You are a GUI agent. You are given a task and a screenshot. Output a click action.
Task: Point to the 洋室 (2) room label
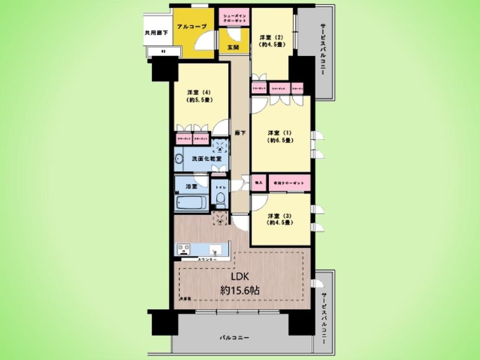tap(269, 41)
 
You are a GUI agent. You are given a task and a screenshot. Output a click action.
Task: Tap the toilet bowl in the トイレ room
tap(220, 198)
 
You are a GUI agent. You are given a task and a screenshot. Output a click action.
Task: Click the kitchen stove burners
tap(184, 250)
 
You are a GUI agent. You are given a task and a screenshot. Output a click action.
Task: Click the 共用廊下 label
tap(156, 33)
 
